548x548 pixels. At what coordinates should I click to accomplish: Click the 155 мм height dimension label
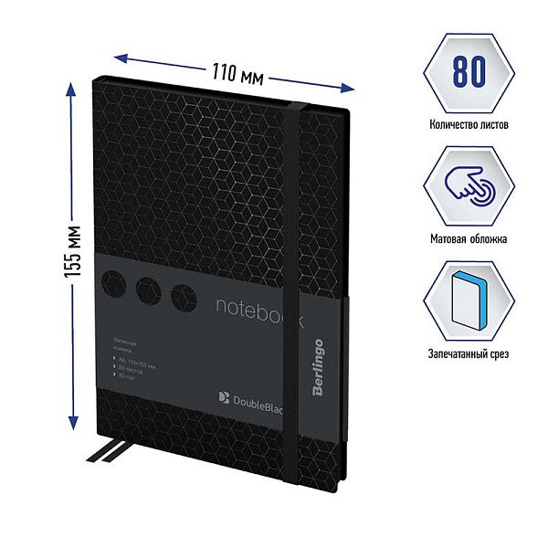(x=78, y=258)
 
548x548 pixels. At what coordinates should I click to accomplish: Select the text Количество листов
(x=466, y=123)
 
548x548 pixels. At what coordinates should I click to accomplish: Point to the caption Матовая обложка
(x=466, y=238)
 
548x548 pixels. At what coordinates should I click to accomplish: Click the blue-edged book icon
(x=466, y=298)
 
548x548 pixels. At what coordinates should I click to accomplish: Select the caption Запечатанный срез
(x=466, y=353)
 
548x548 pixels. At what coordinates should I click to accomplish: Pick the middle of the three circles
(x=150, y=290)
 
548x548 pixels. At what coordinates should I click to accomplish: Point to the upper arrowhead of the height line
(x=71, y=88)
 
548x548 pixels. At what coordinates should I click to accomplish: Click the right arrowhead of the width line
(x=349, y=89)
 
